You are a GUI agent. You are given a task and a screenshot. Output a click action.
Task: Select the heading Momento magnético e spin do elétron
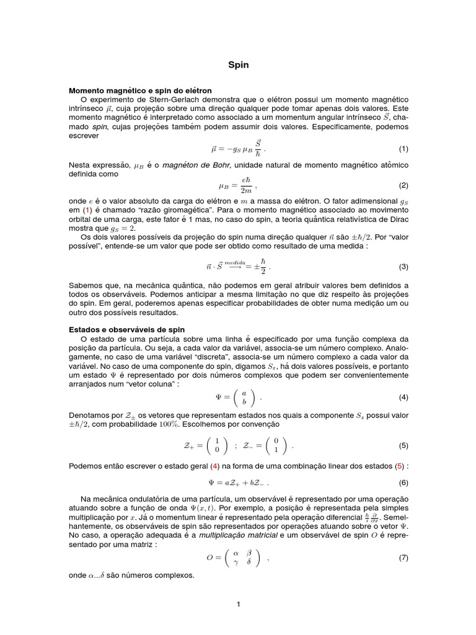coord(141,91)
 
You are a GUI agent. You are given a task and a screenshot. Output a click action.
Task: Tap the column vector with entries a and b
coord(244,397)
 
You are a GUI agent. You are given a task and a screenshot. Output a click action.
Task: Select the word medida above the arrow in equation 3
coord(236,262)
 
